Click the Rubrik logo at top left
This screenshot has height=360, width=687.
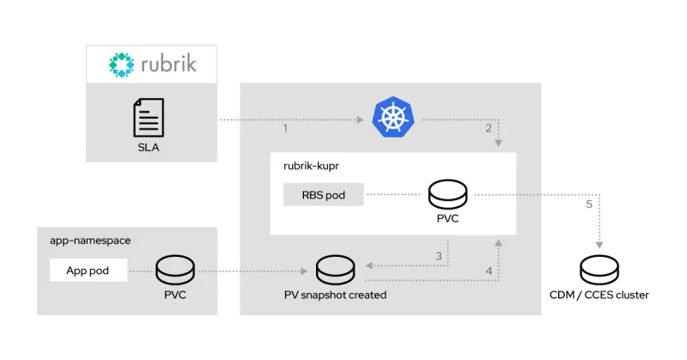click(x=151, y=64)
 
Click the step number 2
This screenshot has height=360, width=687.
click(x=489, y=129)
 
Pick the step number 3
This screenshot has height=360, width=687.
click(x=439, y=256)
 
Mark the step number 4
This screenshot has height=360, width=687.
click(x=489, y=272)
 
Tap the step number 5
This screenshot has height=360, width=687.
click(x=588, y=204)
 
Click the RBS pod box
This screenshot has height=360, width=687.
click(x=324, y=195)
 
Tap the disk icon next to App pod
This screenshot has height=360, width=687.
click(x=175, y=270)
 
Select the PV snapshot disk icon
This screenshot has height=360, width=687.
click(x=335, y=270)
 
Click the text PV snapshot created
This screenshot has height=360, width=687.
click(x=335, y=296)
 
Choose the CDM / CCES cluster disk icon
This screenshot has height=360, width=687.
click(x=599, y=270)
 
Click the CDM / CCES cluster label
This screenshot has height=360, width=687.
click(x=599, y=296)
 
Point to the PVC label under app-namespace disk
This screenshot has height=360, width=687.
click(x=175, y=296)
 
